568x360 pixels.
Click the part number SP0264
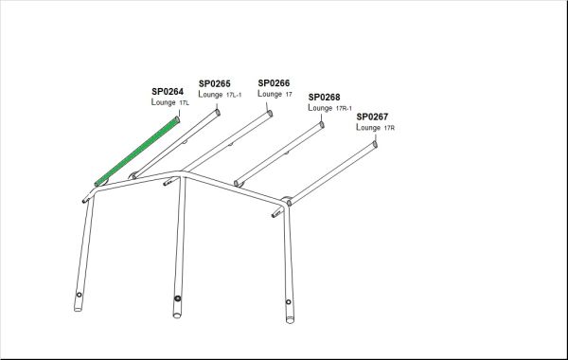(x=168, y=92)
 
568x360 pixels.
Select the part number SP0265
(x=215, y=84)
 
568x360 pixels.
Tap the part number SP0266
(x=274, y=83)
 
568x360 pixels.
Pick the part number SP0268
(x=324, y=98)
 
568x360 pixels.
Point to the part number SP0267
(x=372, y=117)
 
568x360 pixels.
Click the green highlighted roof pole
(x=137, y=152)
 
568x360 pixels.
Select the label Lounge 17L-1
(x=220, y=95)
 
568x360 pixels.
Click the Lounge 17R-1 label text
(x=330, y=108)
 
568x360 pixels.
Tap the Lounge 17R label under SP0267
(x=375, y=128)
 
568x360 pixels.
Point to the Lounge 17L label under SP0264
(x=170, y=102)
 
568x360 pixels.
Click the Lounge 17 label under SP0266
(x=275, y=94)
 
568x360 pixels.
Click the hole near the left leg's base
(x=79, y=295)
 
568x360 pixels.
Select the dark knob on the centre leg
(x=178, y=298)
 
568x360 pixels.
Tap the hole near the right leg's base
(x=289, y=302)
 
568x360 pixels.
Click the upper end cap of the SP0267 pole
(x=375, y=144)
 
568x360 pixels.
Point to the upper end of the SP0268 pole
(x=322, y=125)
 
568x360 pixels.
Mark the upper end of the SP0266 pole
(x=270, y=114)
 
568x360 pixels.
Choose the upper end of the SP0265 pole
(x=218, y=113)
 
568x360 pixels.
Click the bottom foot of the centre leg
(x=177, y=315)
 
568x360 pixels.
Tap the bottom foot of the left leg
(x=78, y=309)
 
